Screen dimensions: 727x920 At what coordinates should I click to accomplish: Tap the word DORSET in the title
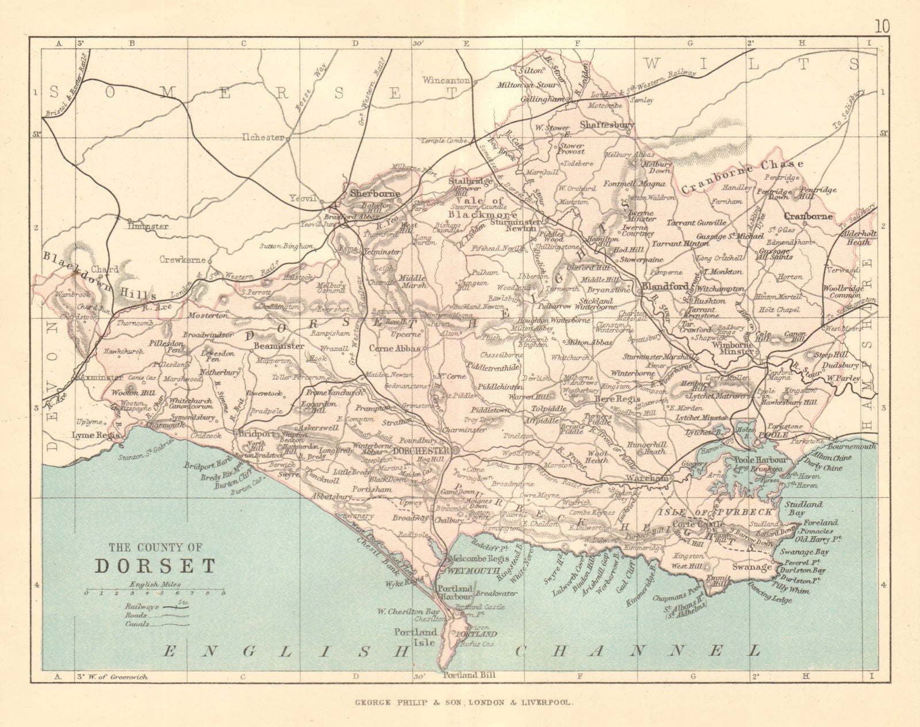click(x=155, y=566)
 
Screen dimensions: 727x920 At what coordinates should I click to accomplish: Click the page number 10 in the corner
click(x=883, y=10)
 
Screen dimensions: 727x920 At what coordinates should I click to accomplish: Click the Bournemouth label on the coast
click(x=852, y=446)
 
